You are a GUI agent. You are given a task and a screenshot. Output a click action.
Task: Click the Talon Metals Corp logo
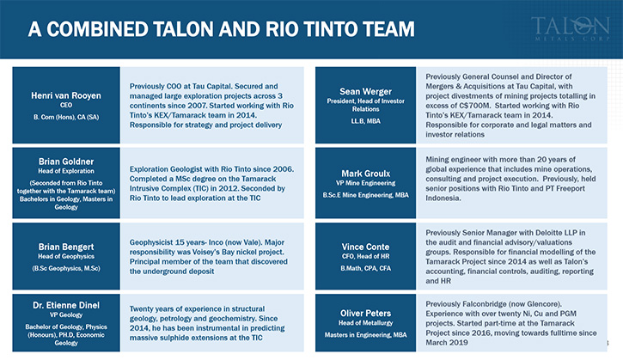[x=571, y=28]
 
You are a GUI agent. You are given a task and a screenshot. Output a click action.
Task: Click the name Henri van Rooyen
[x=66, y=95]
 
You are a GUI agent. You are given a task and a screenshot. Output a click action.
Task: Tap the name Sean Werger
[x=365, y=92]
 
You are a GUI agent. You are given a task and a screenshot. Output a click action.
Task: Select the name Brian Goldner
[x=66, y=162]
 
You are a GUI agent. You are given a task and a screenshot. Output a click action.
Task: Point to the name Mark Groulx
[x=365, y=174]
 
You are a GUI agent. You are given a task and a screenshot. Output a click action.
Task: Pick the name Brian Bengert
[x=66, y=247]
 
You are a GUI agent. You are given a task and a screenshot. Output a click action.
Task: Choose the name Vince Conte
[x=365, y=247]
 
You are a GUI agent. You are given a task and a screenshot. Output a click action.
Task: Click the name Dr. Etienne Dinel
[x=66, y=305]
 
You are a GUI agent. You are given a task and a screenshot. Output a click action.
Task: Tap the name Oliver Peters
[x=365, y=313]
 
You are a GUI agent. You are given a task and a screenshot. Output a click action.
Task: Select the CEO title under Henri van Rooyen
[x=66, y=105]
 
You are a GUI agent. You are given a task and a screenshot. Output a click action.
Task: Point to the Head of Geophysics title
[x=66, y=256]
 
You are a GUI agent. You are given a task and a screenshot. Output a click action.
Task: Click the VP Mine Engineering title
[x=365, y=183]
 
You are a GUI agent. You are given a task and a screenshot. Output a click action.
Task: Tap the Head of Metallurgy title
[x=365, y=323]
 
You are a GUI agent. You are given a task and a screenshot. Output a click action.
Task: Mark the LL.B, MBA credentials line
[x=365, y=121]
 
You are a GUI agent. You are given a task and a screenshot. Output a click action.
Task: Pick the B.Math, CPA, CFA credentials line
[x=365, y=268]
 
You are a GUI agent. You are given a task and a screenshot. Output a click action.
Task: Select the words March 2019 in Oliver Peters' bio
[x=447, y=343]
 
